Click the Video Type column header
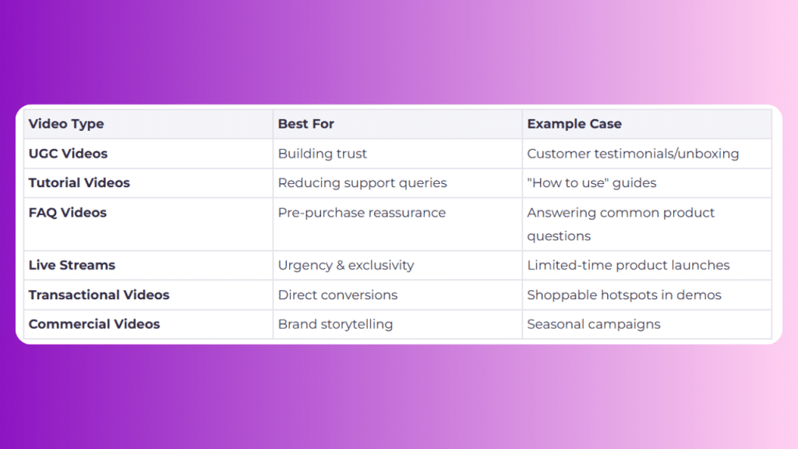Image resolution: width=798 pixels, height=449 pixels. (x=66, y=124)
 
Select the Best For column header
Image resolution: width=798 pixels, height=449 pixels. (x=305, y=124)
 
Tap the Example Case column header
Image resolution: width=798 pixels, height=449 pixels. (x=574, y=124)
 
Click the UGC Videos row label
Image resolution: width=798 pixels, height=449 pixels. (x=68, y=154)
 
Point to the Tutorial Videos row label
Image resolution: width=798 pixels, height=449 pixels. (x=79, y=182)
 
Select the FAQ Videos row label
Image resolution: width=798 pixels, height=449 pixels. (x=67, y=213)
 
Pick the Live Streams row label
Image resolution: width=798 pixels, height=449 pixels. (x=72, y=265)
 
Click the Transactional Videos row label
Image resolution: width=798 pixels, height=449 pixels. (x=99, y=295)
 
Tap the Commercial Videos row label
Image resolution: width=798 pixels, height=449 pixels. (x=94, y=324)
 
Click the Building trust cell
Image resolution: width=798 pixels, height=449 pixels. (x=322, y=154)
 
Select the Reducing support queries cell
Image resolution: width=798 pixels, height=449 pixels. (x=362, y=183)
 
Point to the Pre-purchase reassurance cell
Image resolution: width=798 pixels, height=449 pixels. (x=362, y=213)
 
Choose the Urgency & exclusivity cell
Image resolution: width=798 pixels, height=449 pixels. (x=346, y=266)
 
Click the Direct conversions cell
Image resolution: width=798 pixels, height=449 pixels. (x=337, y=295)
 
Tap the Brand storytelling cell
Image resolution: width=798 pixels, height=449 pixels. (x=335, y=325)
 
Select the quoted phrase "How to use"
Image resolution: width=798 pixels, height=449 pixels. (x=568, y=182)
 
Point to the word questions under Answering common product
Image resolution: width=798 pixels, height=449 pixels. (x=559, y=237)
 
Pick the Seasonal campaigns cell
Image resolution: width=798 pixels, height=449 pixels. (x=593, y=325)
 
